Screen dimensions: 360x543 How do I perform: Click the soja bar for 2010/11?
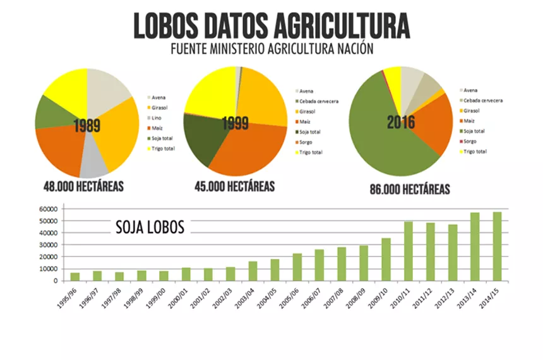pyautogui.click(x=409, y=251)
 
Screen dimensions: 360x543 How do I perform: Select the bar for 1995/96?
pyautogui.click(x=75, y=277)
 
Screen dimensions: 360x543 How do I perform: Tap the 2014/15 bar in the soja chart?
pyautogui.click(x=497, y=246)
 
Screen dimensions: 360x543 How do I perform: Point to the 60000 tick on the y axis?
pyautogui.click(x=49, y=209)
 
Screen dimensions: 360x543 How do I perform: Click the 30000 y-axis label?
pyautogui.click(x=49, y=245)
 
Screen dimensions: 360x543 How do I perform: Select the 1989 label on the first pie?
pyautogui.click(x=87, y=125)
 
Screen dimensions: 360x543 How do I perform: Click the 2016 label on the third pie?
pyautogui.click(x=401, y=121)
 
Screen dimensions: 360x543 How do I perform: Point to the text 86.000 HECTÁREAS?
pyautogui.click(x=410, y=189)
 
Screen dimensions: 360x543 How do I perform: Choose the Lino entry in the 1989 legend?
pyautogui.click(x=156, y=118)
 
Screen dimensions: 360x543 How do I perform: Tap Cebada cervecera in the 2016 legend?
pyautogui.click(x=483, y=100)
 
